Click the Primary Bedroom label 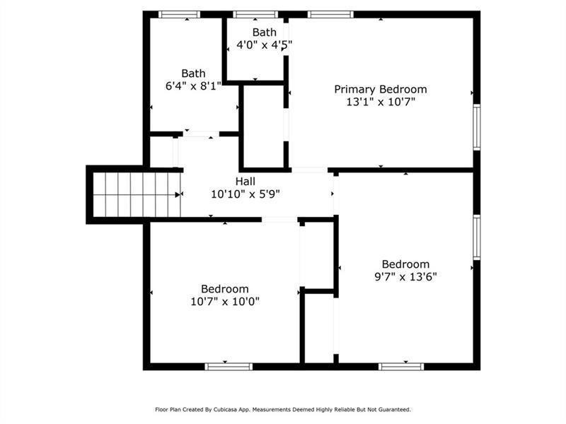pyautogui.click(x=381, y=90)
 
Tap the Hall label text pyautogui.click(x=246, y=181)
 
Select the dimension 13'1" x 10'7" pyautogui.click(x=381, y=102)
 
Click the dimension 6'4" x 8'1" pyautogui.click(x=193, y=86)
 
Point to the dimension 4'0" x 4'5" pyautogui.click(x=264, y=45)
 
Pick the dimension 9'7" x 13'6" pyautogui.click(x=405, y=276)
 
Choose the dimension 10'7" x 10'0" pyautogui.click(x=225, y=301)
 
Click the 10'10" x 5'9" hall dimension pyautogui.click(x=246, y=194)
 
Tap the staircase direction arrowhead pyautogui.click(x=178, y=195)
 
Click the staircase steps pyautogui.click(x=137, y=195)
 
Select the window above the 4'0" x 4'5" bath pyautogui.click(x=255, y=14)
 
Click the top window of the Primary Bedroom pyautogui.click(x=330, y=14)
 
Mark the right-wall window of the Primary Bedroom pyautogui.click(x=477, y=127)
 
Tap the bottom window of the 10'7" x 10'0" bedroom pyautogui.click(x=229, y=367)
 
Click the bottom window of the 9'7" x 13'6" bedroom pyautogui.click(x=401, y=367)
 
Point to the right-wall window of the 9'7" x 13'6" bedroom pyautogui.click(x=477, y=237)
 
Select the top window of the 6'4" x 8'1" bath pyautogui.click(x=180, y=14)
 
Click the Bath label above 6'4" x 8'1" pyautogui.click(x=193, y=73)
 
